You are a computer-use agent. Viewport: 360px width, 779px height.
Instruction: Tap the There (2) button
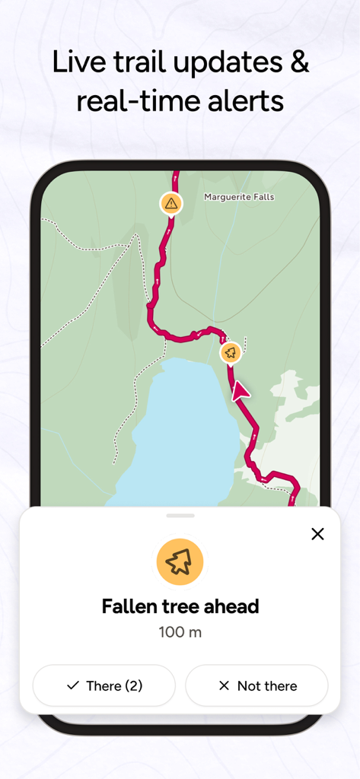pyautogui.click(x=104, y=685)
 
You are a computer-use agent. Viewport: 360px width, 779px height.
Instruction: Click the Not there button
pyautogui.click(x=256, y=685)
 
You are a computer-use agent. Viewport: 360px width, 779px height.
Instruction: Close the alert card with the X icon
pyautogui.click(x=317, y=534)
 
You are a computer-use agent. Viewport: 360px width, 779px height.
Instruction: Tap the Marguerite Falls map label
pyautogui.click(x=239, y=197)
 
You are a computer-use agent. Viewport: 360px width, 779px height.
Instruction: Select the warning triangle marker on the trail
pyautogui.click(x=171, y=203)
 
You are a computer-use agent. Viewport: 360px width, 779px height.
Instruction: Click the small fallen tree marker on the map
pyautogui.click(x=231, y=352)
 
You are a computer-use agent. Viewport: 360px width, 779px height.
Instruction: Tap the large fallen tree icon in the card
pyautogui.click(x=180, y=562)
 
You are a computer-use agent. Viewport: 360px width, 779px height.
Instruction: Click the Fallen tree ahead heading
pyautogui.click(x=180, y=606)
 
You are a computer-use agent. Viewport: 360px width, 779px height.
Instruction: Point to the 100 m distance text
pyautogui.click(x=180, y=632)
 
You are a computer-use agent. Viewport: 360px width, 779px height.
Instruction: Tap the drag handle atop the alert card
pyautogui.click(x=180, y=516)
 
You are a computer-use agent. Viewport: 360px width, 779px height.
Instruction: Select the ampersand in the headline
pyautogui.click(x=298, y=62)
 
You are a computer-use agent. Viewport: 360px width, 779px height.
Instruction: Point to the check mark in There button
pyautogui.click(x=73, y=685)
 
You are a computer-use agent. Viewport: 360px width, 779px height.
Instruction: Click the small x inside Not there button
pyautogui.click(x=224, y=685)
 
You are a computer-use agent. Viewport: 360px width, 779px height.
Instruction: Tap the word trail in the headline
pyautogui.click(x=138, y=62)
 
